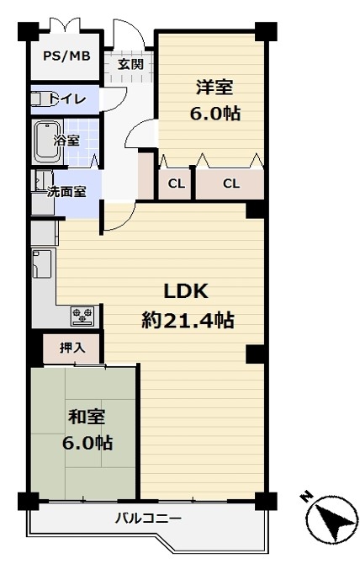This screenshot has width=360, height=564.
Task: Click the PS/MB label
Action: [x=66, y=56]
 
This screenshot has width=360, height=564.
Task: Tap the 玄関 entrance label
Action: [x=130, y=64]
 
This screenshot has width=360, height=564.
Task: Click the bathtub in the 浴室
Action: [x=47, y=141]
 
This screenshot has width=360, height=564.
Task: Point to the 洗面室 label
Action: [x=66, y=192]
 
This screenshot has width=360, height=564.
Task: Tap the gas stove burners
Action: [x=82, y=317]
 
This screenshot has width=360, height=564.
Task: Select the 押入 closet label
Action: [x=72, y=348]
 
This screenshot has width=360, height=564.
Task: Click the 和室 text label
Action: [x=87, y=417]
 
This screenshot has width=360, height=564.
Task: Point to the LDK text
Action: [x=186, y=291]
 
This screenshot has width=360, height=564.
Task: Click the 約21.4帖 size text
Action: [x=188, y=320]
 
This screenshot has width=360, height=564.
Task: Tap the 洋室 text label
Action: [x=214, y=87]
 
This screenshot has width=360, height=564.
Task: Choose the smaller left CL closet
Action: [x=176, y=184]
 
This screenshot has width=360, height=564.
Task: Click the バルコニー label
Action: [x=148, y=519]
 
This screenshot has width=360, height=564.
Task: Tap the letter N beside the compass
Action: [x=306, y=497]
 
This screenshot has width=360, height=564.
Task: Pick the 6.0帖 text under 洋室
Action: [x=214, y=114]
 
